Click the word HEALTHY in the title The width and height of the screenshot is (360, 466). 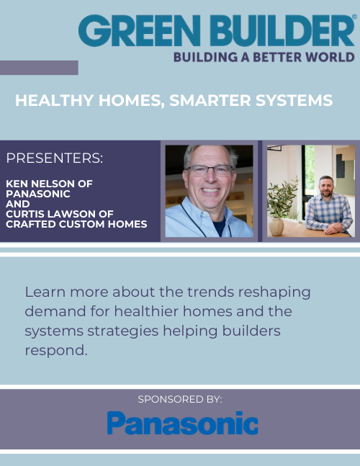click(x=48, y=101)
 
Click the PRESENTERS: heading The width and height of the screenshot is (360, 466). click(x=54, y=158)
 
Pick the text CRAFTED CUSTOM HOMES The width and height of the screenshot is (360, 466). click(x=76, y=224)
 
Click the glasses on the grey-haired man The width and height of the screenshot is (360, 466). click(x=209, y=171)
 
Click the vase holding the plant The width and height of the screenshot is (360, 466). click(x=276, y=226)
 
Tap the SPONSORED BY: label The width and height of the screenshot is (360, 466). click(x=179, y=398)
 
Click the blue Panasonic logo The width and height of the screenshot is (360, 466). click(x=182, y=424)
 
